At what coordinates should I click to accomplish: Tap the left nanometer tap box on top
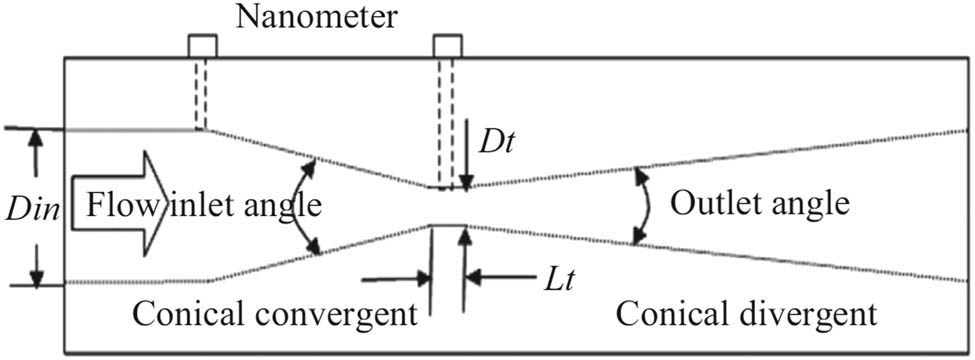tap(202, 46)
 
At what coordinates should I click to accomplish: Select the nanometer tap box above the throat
tap(447, 46)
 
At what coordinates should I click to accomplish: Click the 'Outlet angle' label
tap(759, 204)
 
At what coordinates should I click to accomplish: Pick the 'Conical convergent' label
tap(273, 316)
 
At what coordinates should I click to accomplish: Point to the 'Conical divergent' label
tap(747, 316)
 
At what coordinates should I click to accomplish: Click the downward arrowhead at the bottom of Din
tap(37, 274)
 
